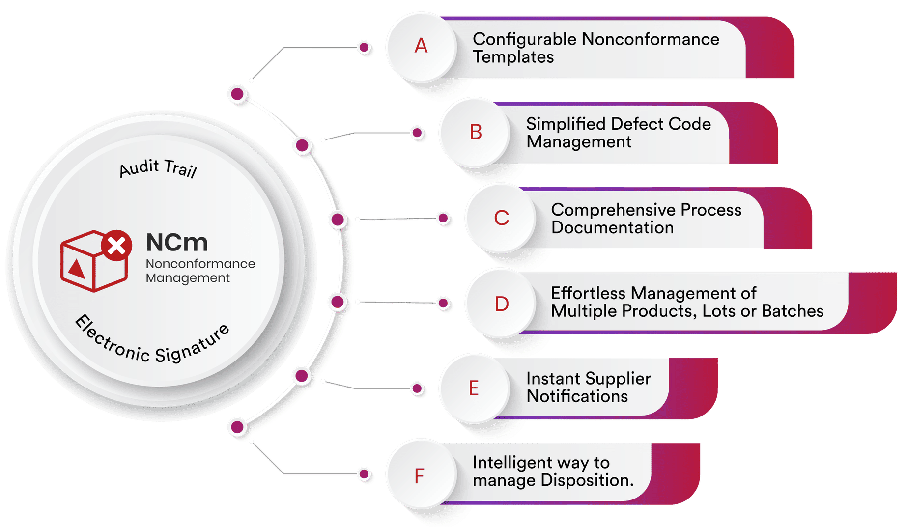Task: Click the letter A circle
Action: [421, 47]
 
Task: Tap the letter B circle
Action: [475, 132]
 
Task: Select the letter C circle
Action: [501, 218]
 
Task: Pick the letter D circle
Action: [501, 304]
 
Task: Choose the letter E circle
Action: [474, 388]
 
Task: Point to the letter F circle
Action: [419, 475]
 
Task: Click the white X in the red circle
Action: [116, 245]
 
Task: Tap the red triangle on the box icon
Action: [76, 269]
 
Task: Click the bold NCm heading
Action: [177, 242]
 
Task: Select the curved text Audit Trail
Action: [158, 168]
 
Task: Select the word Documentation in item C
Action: [612, 228]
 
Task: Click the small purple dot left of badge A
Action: [364, 47]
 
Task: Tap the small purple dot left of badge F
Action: [364, 474]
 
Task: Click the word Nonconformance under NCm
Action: [200, 264]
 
